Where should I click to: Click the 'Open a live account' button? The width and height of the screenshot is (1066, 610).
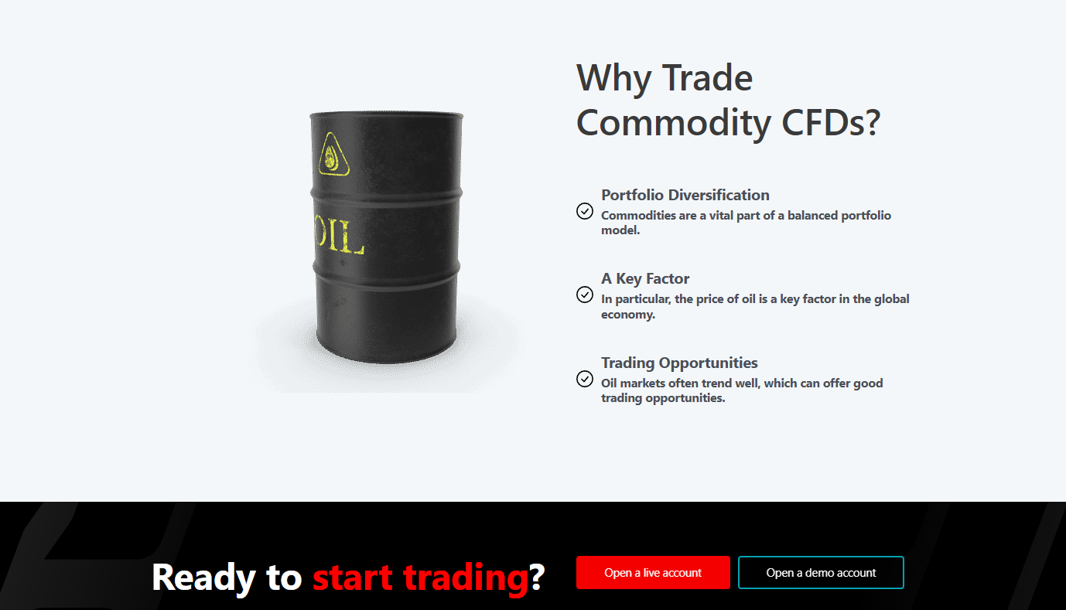pyautogui.click(x=653, y=572)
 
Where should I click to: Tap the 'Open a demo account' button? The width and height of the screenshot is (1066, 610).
pyautogui.click(x=821, y=572)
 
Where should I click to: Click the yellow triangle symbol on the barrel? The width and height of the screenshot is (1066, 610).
pyautogui.click(x=333, y=155)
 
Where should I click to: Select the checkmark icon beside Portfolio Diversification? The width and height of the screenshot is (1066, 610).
pyautogui.click(x=585, y=211)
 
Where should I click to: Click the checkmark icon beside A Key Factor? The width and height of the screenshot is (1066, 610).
pyautogui.click(x=585, y=295)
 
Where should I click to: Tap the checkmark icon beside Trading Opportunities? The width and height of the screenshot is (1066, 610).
pyautogui.click(x=585, y=379)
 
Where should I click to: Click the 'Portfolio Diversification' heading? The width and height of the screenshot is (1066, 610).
pyautogui.click(x=685, y=195)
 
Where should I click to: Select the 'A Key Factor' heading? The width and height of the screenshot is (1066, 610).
pyautogui.click(x=645, y=278)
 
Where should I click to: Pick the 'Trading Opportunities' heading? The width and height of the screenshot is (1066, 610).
pyautogui.click(x=679, y=363)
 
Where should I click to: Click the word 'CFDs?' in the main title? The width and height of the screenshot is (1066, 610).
pyautogui.click(x=831, y=122)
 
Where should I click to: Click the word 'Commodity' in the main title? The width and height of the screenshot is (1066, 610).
pyautogui.click(x=673, y=123)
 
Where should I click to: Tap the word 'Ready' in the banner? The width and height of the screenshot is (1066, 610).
pyautogui.click(x=203, y=578)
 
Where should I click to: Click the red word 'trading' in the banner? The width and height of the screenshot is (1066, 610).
pyautogui.click(x=466, y=578)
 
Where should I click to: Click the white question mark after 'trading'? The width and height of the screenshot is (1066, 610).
pyautogui.click(x=537, y=577)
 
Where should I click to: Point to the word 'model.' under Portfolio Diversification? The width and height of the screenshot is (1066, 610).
pyautogui.click(x=620, y=230)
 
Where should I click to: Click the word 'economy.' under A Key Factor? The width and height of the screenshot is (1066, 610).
pyautogui.click(x=627, y=314)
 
